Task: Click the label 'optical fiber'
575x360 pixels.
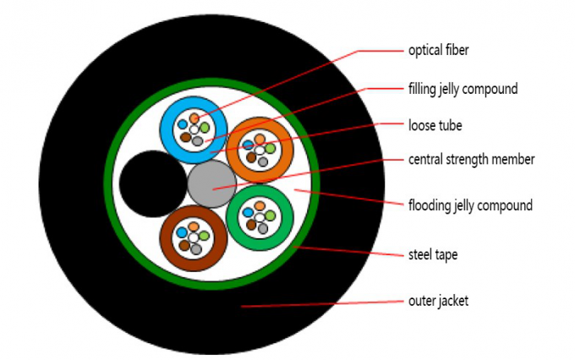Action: click(438, 51)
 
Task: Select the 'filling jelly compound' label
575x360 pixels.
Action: click(463, 88)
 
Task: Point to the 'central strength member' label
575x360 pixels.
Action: click(471, 159)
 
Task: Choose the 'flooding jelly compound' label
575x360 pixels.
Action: click(469, 205)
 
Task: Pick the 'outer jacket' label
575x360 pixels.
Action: click(436, 300)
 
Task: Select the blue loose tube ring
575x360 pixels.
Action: click(168, 118)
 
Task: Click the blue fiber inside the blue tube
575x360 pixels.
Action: click(183, 124)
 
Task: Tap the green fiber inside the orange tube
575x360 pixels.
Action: click(270, 149)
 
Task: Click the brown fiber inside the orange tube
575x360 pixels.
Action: click(250, 158)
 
